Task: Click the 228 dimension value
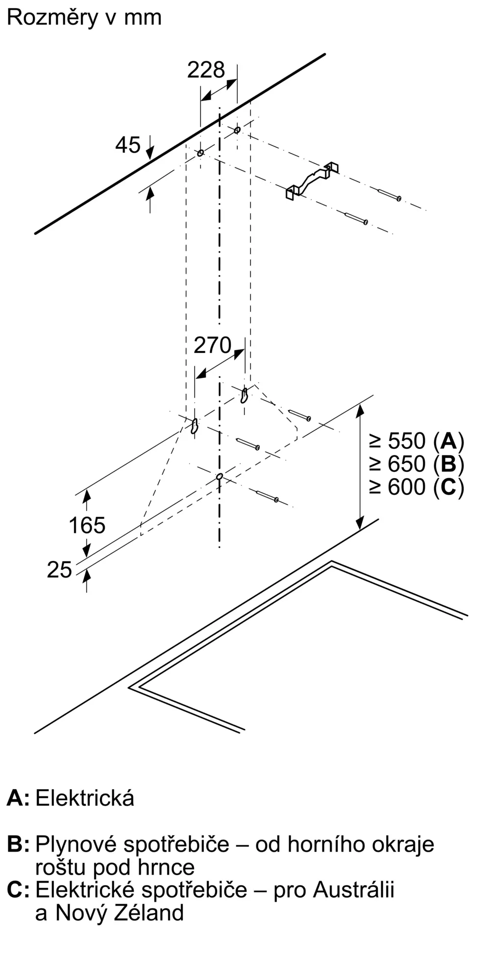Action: click(206, 70)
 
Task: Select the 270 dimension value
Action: click(212, 346)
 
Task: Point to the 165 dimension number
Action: click(87, 526)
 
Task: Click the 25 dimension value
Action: click(59, 570)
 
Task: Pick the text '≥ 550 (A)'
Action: click(416, 442)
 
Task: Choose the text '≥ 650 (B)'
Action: click(416, 464)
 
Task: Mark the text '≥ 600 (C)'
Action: click(416, 487)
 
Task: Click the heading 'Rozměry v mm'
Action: click(84, 18)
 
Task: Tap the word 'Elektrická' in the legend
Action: click(85, 798)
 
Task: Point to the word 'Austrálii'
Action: click(354, 889)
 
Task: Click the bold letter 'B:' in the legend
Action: click(18, 845)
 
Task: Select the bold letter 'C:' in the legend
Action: click(19, 890)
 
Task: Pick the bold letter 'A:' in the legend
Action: click(18, 799)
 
